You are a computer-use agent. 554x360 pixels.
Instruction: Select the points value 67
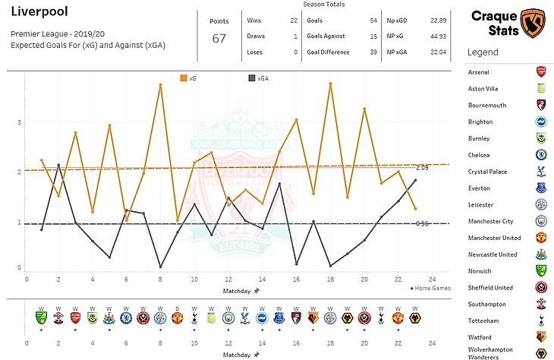219,39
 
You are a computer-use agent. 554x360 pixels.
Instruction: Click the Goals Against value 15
373,36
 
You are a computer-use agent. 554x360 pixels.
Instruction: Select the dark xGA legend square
252,77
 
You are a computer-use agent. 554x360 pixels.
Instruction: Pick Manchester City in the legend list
493,221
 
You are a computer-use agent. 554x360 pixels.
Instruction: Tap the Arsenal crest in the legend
541,72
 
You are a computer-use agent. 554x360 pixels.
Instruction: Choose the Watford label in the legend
480,337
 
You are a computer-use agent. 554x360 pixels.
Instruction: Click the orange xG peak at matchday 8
160,84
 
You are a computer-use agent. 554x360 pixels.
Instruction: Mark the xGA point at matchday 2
58,164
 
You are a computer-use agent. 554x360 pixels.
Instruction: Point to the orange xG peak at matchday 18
331,83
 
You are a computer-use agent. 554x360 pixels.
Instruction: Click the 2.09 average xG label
423,167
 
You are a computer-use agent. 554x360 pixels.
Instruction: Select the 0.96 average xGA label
423,223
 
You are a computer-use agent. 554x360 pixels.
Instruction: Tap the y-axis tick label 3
19,122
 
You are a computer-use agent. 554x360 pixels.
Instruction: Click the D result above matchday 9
177,308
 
